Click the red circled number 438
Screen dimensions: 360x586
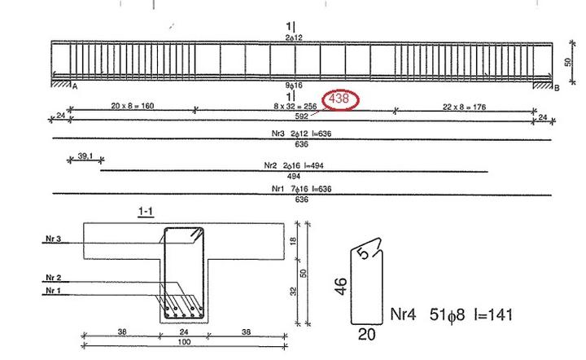(339, 99)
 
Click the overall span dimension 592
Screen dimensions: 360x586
(302, 116)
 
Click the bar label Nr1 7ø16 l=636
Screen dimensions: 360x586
(301, 188)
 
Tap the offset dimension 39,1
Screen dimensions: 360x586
(85, 156)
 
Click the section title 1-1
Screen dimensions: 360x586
(146, 213)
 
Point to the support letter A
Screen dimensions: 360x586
(74, 86)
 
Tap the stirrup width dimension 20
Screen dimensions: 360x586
(369, 333)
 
